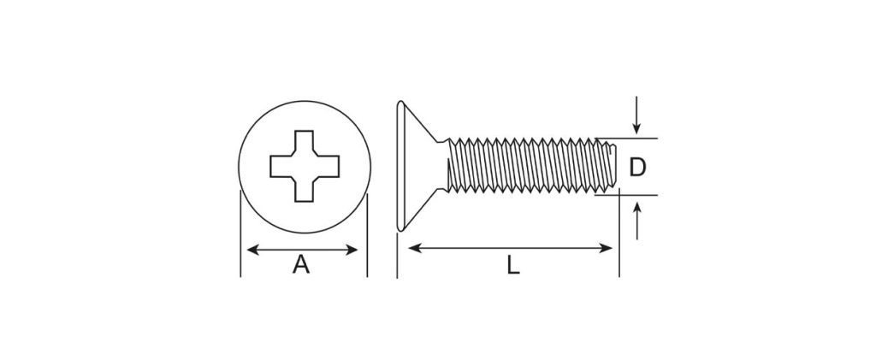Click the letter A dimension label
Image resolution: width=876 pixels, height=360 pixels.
301,264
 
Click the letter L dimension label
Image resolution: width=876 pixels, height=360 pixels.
513,264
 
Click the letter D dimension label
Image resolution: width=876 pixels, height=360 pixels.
637,168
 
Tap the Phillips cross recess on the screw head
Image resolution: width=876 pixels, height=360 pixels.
305,167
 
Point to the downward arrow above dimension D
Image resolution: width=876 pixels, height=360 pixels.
636,115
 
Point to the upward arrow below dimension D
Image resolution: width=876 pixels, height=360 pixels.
636,221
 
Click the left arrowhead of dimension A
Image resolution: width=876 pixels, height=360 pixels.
253,250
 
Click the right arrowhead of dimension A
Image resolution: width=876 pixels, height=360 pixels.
352,250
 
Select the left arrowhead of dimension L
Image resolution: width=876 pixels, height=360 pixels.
415,248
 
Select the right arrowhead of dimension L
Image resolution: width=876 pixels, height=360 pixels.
607,248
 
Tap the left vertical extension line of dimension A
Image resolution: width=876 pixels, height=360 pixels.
240,233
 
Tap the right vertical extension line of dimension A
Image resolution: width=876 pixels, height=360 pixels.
367,235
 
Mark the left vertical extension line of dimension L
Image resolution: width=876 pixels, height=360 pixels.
397,256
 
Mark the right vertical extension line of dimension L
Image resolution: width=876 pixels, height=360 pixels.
619,233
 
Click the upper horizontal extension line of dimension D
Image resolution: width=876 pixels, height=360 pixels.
626,138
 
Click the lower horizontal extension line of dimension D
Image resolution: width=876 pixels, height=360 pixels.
626,195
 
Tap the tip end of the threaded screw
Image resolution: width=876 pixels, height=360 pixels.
613,166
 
